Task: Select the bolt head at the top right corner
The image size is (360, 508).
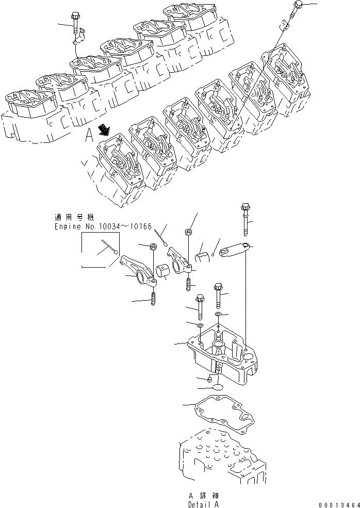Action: tap(299, 5)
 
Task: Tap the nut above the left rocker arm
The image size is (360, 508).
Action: tap(153, 248)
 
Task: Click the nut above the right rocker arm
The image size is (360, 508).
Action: tap(189, 232)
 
